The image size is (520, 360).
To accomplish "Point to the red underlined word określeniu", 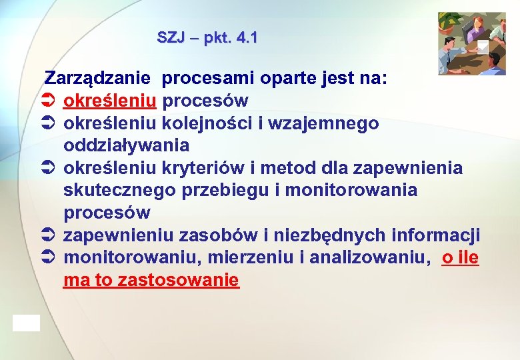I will [x=110, y=101].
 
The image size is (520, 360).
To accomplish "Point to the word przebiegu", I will [x=236, y=190].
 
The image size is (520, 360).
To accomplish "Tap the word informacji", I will [x=436, y=235].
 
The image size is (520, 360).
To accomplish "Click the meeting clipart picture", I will [x=471, y=43].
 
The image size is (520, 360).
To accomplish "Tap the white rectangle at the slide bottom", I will [x=26, y=323].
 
